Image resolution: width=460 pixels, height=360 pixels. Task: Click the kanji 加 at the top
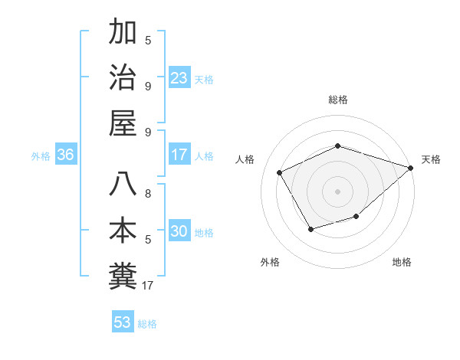point(123,33)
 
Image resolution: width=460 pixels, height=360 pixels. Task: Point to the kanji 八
point(123,185)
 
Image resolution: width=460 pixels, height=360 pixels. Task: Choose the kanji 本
point(123,231)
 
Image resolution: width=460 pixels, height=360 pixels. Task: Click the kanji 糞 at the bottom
point(123,275)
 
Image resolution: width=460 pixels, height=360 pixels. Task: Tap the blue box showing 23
point(179,77)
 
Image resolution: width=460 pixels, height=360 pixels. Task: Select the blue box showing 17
point(179,155)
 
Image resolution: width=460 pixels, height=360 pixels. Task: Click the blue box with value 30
point(179,231)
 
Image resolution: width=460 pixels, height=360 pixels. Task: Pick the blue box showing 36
point(66,155)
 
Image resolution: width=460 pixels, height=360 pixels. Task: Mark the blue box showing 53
point(123,322)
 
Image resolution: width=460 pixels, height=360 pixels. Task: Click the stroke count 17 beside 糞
point(148,286)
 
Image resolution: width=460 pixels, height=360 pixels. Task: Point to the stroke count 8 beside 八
point(148,185)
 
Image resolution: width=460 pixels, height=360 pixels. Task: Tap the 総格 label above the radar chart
point(337,100)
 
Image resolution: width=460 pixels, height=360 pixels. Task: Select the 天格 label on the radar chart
point(432,159)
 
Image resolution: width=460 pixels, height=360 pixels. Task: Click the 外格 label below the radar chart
point(270,262)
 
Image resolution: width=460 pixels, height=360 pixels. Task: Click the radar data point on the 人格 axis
point(280,172)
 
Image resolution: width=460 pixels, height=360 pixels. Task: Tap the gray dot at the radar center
point(337,191)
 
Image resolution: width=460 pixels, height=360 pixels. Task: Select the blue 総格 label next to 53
point(148,323)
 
